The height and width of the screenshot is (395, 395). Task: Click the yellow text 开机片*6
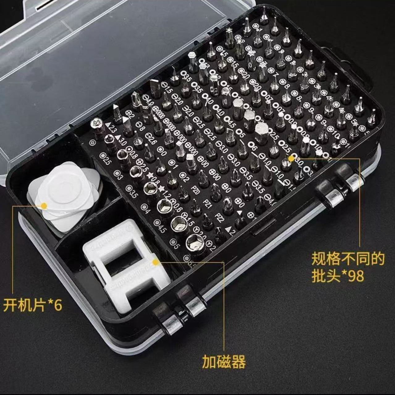pyautogui.click(x=33, y=305)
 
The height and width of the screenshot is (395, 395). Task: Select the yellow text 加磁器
pyautogui.click(x=224, y=362)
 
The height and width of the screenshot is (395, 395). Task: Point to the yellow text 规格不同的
pyautogui.click(x=348, y=259)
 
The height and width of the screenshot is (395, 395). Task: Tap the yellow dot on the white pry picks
pyautogui.click(x=44, y=205)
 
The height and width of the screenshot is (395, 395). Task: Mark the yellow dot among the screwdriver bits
pyautogui.click(x=291, y=158)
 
